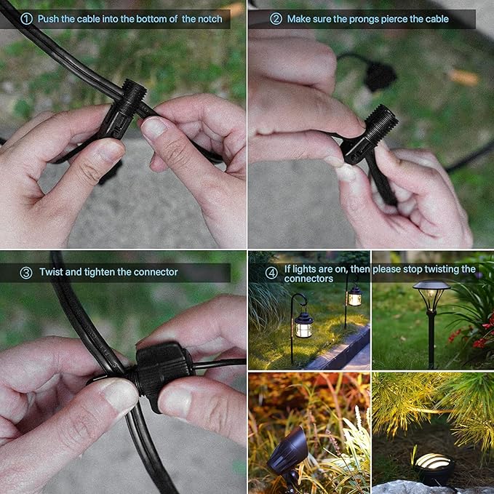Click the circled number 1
click(x=26, y=19)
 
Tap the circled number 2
click(x=276, y=19)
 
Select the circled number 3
click(x=26, y=273)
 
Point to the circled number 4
click(x=271, y=273)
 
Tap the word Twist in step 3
click(x=49, y=272)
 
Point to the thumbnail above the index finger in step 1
click(x=154, y=127)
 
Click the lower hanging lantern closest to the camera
click(x=303, y=325)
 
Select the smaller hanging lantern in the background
click(x=354, y=295)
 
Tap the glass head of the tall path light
click(x=431, y=295)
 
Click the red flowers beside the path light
click(x=473, y=334)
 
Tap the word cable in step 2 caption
click(x=437, y=19)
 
